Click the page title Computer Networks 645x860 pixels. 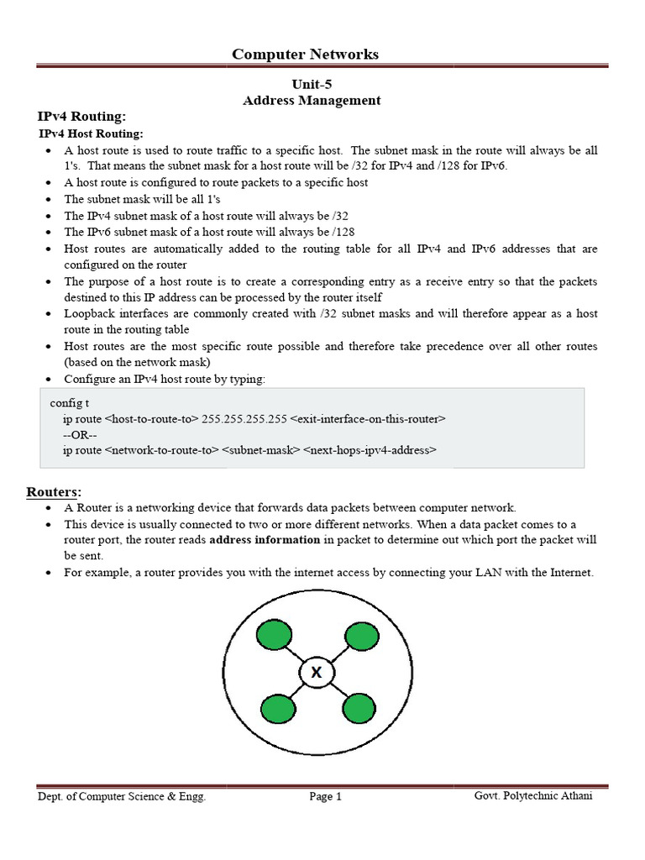305,55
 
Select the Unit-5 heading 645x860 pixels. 312,84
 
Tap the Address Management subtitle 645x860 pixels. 312,101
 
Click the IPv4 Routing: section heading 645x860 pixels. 81,117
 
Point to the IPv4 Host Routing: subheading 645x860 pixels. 92,134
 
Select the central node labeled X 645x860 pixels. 316,673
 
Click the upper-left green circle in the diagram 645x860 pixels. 271,636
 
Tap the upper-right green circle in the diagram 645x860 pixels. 359,636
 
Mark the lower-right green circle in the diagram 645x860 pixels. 357,709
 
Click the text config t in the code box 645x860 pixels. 70,403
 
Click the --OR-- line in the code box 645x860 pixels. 80,434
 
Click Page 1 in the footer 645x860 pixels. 325,797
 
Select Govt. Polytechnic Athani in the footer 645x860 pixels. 532,796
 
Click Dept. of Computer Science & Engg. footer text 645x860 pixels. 121,797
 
